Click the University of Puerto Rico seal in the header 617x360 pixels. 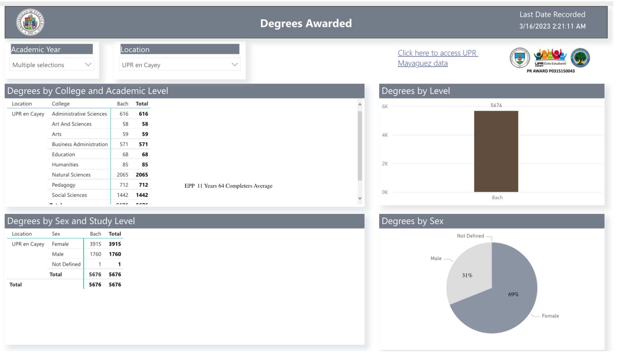click(x=30, y=22)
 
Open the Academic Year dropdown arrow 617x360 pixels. click(x=88, y=64)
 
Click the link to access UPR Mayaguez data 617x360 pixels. click(x=437, y=58)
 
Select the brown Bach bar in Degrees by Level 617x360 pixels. click(x=496, y=151)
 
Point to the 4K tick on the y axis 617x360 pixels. click(x=385, y=135)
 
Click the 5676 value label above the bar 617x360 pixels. click(x=496, y=105)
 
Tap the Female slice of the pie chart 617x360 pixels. click(x=502, y=306)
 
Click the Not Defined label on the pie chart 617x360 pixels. click(x=470, y=236)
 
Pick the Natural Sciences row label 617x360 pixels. click(x=71, y=175)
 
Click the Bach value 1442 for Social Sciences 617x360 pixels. click(x=122, y=195)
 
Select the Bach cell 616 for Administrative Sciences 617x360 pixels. click(x=124, y=114)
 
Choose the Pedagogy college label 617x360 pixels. click(x=64, y=185)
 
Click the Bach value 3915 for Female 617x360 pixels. click(x=95, y=244)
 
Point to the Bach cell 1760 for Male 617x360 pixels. click(x=95, y=254)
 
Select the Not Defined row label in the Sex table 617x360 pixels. click(x=66, y=264)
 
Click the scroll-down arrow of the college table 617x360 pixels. click(x=360, y=198)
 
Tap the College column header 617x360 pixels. click(x=61, y=104)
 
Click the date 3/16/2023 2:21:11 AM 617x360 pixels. click(x=552, y=26)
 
